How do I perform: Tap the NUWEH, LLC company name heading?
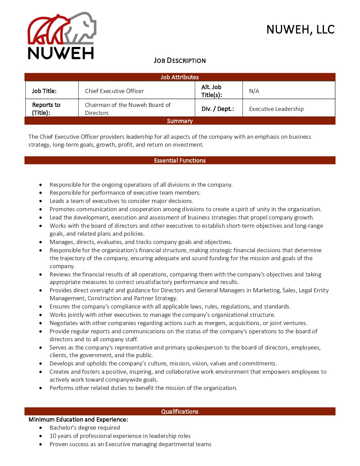[300, 30]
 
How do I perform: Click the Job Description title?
[180, 61]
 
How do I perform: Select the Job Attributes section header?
[180, 77]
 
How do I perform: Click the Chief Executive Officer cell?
[114, 91]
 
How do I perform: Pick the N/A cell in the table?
[254, 91]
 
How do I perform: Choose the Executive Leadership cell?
[276, 109]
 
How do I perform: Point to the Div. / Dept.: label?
[218, 109]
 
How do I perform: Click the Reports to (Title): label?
[46, 109]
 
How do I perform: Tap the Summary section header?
[180, 121]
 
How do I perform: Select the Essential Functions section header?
[180, 161]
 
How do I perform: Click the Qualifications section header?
[180, 412]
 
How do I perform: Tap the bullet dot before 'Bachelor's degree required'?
[41, 428]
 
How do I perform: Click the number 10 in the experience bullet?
[53, 436]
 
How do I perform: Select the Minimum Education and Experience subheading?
[78, 420]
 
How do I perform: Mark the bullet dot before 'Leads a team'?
[41, 201]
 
